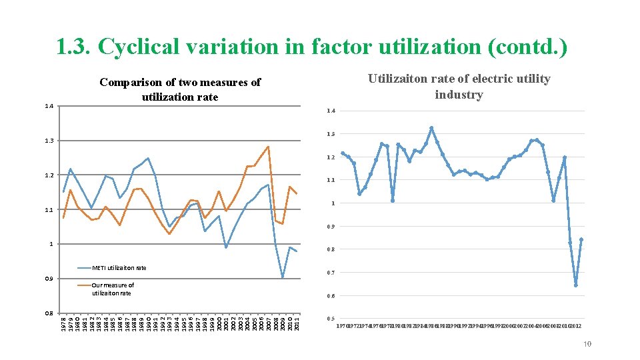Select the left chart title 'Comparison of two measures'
180,83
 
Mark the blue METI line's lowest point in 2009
283,277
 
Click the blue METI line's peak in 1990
148,158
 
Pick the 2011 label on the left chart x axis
297,323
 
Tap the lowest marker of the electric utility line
575,285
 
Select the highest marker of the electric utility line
431,128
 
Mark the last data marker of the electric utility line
581,239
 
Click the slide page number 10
587,344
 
